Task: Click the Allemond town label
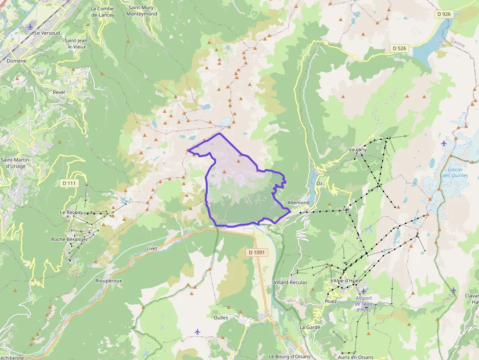point(299,203)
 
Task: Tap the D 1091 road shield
point(256,253)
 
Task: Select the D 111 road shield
point(70,183)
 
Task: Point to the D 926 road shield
point(444,15)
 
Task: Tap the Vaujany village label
point(358,149)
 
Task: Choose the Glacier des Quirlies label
point(455,172)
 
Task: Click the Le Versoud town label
point(47,33)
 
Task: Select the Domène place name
point(17,61)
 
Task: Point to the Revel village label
point(59,92)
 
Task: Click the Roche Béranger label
point(69,239)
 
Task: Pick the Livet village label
point(152,248)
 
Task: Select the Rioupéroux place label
point(109,281)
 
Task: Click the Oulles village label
point(220,318)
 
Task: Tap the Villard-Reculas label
point(290,283)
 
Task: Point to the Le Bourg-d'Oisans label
point(289,357)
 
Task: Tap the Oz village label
point(320,184)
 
